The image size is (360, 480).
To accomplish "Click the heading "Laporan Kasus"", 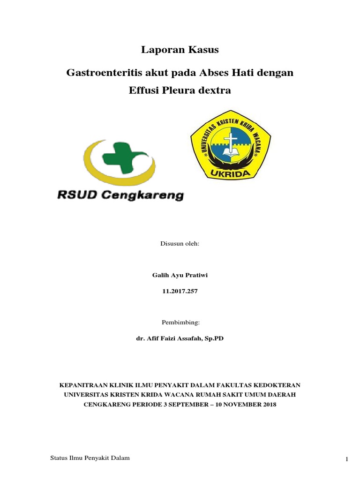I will [180, 49].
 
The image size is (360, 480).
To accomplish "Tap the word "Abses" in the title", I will [215, 73].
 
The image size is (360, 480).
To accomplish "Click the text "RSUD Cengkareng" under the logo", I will [120, 195].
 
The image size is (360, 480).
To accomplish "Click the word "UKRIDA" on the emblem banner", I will [230, 173].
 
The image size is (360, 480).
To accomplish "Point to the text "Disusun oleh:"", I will [180, 244].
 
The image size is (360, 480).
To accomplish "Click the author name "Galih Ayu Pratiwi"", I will [180, 275].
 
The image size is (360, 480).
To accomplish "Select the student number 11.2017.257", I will [180, 291].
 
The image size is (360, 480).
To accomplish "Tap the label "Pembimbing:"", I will [180, 322].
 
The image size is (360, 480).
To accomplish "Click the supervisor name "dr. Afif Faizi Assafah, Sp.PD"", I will [180, 338].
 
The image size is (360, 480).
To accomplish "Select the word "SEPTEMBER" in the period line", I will [182, 404].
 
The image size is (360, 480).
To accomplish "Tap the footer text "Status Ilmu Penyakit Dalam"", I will [90, 458].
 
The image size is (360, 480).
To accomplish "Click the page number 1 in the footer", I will [347, 459].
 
